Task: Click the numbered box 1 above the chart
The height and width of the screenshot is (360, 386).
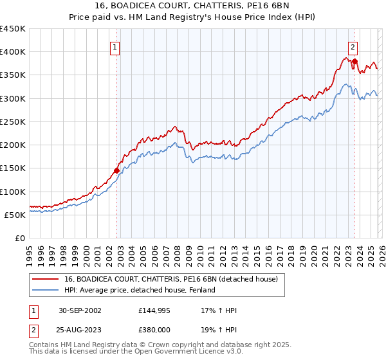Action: [x=115, y=46]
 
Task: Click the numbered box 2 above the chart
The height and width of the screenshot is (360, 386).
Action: [x=353, y=46]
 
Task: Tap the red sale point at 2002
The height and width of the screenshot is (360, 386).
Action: [x=117, y=170]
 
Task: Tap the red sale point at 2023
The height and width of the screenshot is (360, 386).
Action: [x=354, y=61]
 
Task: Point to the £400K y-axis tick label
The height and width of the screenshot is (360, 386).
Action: [x=13, y=52]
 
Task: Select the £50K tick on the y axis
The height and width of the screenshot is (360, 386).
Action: [x=15, y=215]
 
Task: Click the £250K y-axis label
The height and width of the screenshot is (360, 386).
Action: [x=13, y=122]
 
